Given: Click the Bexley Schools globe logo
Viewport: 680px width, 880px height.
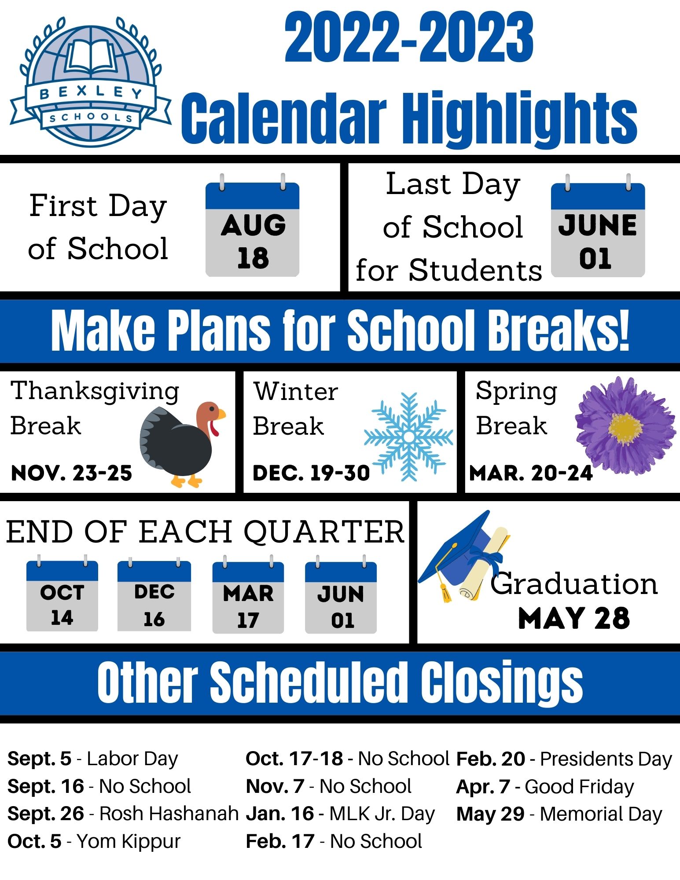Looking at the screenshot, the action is pos(90,81).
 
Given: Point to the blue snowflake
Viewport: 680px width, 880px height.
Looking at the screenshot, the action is pos(408,436).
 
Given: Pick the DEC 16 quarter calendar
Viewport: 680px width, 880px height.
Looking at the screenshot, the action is pos(154,594).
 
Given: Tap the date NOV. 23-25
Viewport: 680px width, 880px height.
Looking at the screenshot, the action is pos(71,473).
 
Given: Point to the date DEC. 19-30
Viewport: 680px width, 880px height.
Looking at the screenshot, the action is pos(311,473).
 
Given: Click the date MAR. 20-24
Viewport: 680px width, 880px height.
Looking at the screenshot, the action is pos(531,473).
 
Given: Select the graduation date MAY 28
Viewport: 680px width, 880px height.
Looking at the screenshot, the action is pos(574,618).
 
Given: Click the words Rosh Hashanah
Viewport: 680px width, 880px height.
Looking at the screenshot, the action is pos(169,814).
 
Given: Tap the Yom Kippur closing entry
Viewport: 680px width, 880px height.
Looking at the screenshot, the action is pos(94,841).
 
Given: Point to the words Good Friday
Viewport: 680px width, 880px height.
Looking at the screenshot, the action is pos(579,787).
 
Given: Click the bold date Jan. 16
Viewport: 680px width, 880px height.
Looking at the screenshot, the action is pos(280,814).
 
